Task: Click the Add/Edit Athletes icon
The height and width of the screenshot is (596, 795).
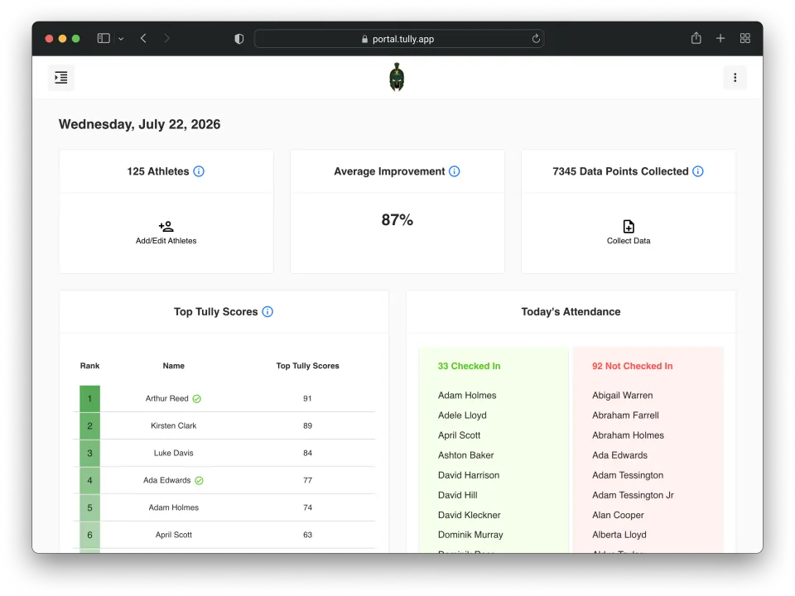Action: point(166,226)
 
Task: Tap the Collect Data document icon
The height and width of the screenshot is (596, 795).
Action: point(629,226)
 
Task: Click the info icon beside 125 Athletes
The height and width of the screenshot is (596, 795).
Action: point(199,171)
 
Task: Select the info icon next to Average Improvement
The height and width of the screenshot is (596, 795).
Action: point(455,171)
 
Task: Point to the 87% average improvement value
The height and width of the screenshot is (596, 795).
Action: point(397,220)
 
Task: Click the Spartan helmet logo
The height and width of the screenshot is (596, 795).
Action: point(397,77)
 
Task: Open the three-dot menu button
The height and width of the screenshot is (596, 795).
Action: point(735,78)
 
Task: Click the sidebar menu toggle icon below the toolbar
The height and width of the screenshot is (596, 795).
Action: point(61,78)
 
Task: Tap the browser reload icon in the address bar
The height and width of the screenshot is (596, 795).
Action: point(536,39)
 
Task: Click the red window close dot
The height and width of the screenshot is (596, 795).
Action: point(49,39)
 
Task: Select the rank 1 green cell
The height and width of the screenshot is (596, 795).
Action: point(89,399)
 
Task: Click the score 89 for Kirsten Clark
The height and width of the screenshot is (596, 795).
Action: point(308,425)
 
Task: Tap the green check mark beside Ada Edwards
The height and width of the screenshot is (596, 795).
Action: point(200,480)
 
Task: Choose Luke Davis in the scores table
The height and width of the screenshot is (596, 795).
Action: point(173,453)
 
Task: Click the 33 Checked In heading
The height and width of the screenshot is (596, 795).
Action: point(469,366)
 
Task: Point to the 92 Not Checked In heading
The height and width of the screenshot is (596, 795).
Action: point(632,366)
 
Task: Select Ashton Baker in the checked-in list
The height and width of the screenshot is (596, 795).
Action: point(466,455)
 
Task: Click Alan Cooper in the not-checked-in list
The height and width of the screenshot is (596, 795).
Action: point(618,515)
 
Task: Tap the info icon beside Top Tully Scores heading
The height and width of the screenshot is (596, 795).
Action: point(267,312)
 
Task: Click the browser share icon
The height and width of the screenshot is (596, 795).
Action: point(696,38)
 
